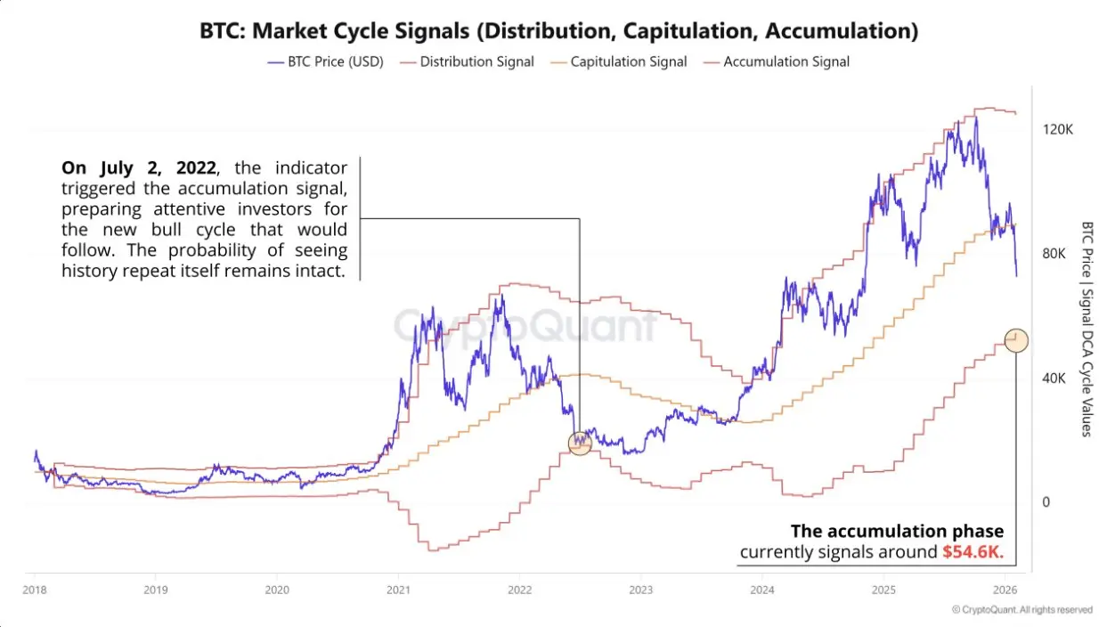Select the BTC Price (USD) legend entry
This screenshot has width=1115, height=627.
coord(325,61)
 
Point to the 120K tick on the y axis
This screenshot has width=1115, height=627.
coord(1058,129)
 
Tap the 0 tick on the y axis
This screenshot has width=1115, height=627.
coord(1046,502)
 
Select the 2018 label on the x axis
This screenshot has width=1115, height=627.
coord(34,590)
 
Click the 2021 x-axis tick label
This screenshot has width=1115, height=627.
coord(398,590)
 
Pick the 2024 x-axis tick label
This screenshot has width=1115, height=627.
coord(761,590)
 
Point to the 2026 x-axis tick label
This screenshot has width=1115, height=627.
coord(1005,590)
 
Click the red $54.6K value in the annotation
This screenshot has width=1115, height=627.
coord(973,552)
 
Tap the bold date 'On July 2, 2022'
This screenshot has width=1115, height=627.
coord(138,167)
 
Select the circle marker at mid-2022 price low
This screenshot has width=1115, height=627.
coord(580,442)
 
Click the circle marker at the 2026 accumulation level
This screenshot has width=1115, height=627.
coord(1016,339)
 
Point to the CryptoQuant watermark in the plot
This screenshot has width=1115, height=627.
coord(525,325)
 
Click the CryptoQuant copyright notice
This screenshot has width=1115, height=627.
coord(1021,610)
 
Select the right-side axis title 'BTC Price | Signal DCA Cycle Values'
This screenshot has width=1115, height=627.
coord(1086,330)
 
